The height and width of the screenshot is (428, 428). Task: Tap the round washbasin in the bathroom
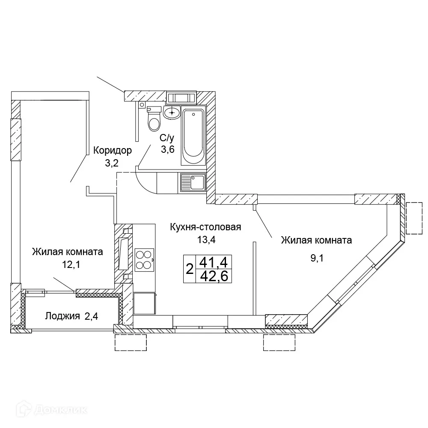tap(172, 113)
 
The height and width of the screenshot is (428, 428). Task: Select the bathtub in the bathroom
tap(193, 137)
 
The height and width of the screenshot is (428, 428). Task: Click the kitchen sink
tap(193, 182)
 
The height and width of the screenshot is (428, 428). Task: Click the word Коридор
tap(113, 150)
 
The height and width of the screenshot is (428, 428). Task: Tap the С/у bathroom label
tap(167, 138)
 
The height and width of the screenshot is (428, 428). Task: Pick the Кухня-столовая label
tap(205, 227)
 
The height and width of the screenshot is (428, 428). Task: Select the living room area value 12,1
tap(71, 264)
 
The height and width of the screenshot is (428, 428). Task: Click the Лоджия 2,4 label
tap(72, 316)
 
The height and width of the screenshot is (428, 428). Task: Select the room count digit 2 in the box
tap(190, 269)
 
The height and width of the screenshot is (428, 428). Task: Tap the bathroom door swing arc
tap(146, 182)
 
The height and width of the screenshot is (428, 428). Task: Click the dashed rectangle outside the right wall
tap(414, 218)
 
